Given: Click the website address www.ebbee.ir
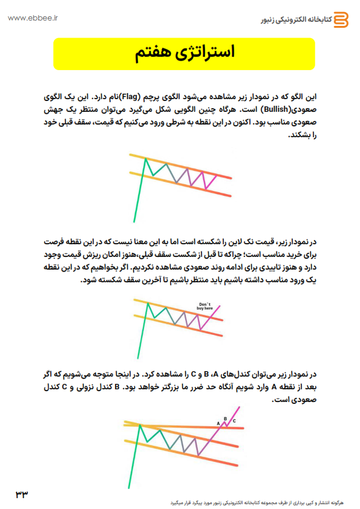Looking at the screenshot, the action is (33, 18).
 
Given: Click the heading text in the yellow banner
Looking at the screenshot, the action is (184, 53).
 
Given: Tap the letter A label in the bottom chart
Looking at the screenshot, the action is (218, 424).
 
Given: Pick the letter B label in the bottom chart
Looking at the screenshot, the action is (225, 418).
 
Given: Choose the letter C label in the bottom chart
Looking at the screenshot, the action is (234, 421).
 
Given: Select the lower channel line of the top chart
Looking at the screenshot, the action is (182, 183).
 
